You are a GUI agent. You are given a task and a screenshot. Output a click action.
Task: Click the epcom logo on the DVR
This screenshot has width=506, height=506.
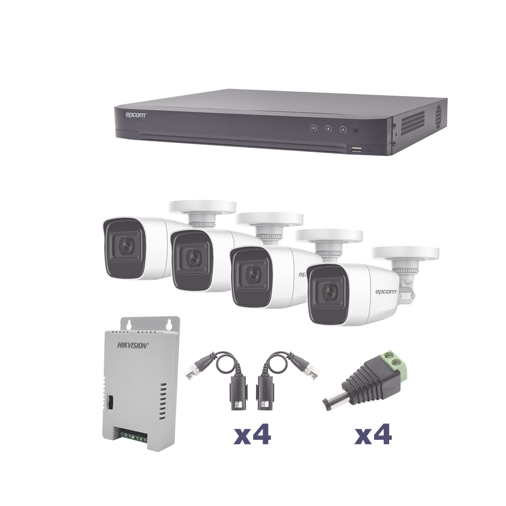click(135, 115)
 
